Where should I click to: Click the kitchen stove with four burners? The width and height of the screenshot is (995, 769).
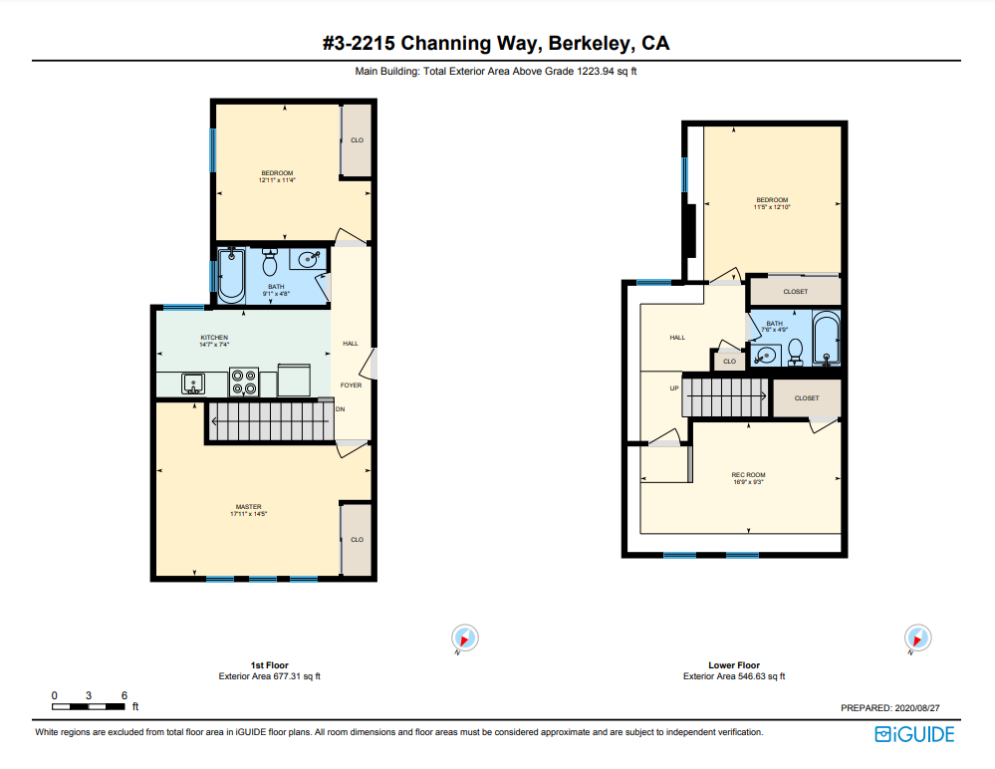244,383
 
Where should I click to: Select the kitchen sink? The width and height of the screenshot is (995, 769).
193,384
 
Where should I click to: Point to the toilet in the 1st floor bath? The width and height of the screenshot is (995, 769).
269,264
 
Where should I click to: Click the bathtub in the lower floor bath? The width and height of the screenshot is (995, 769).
827,340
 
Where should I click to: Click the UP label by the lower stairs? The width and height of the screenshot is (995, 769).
673,387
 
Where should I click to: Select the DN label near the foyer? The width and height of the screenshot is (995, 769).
340,408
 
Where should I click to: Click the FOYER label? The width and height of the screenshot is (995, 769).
351,384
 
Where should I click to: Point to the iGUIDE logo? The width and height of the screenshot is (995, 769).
913,735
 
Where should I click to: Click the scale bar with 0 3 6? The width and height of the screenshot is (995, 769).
90,705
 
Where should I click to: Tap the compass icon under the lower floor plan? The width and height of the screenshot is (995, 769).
916,638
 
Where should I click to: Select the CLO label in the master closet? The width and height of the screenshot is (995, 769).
357,540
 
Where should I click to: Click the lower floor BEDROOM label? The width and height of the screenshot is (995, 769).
771,203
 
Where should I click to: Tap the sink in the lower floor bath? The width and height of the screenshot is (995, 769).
767,355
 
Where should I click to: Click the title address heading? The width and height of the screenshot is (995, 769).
496,43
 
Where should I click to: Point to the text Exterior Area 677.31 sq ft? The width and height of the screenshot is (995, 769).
269,676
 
